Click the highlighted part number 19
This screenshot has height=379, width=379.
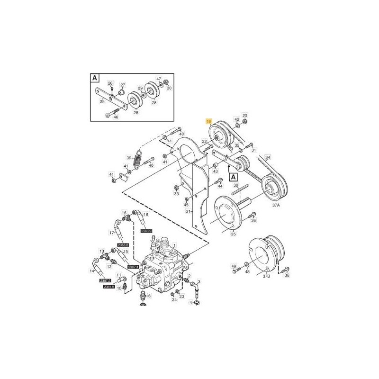[208, 122]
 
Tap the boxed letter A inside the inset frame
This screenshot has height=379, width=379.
[95, 78]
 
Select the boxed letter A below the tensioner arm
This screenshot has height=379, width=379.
[234, 177]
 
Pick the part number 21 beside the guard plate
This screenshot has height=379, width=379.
[188, 211]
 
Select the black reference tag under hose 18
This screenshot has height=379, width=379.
[146, 231]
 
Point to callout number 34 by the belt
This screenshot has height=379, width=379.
[268, 157]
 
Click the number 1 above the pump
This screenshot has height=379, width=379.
[174, 245]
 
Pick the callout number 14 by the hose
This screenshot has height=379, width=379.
[91, 271]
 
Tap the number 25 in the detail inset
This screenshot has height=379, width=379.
[102, 101]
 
